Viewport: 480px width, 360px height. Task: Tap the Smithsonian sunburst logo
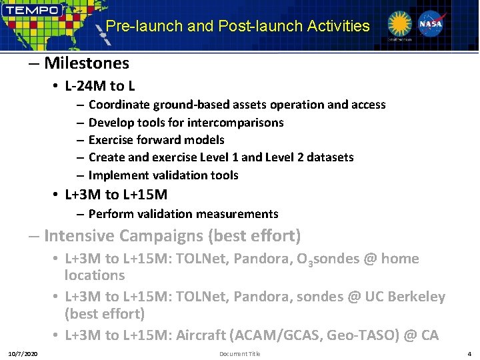coord(400,25)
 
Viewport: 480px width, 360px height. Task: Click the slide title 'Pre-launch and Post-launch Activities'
coord(238,26)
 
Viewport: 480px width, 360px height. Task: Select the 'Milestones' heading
coord(86,63)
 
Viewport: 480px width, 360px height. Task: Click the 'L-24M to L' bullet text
coord(100,86)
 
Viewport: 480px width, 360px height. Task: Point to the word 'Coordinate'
coord(119,105)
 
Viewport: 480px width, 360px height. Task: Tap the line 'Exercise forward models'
coord(156,140)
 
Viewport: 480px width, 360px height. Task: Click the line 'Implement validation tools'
coord(163,175)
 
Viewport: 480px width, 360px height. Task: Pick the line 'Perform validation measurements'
coord(183,214)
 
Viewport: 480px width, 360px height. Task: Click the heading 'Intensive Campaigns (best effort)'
coord(172,236)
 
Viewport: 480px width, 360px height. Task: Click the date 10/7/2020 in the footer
coord(23,353)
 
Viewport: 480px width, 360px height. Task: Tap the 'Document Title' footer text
coord(239,353)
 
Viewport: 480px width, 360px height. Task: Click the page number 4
coord(469,353)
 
